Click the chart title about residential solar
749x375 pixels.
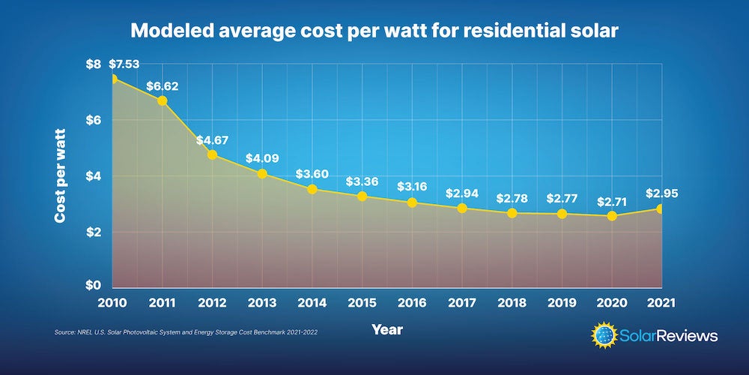point(374,31)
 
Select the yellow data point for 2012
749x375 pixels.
point(213,155)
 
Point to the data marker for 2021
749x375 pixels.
point(661,208)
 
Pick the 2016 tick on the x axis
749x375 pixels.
point(412,302)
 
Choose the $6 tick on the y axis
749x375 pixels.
point(91,120)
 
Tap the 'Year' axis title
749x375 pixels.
point(386,329)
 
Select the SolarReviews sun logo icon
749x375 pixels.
point(606,335)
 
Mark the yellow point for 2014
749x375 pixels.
point(312,189)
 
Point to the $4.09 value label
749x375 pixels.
point(261,159)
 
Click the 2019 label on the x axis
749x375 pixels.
point(562,302)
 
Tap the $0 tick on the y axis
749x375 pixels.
point(91,286)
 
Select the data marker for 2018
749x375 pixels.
point(512,213)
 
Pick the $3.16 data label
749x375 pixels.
point(412,185)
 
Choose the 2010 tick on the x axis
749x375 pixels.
point(112,302)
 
